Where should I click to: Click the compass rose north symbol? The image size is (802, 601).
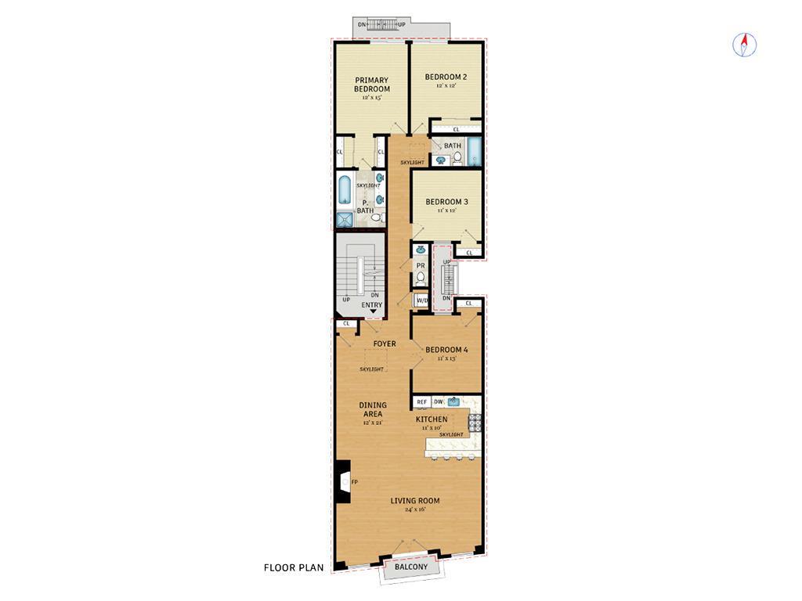745,45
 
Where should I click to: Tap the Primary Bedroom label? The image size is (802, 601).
372,85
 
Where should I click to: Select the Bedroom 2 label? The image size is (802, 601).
446,77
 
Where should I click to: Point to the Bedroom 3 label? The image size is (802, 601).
447,202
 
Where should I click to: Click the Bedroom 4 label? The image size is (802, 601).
446,350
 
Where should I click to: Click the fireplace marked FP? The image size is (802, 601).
344,481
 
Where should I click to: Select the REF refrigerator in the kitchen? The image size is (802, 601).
421,402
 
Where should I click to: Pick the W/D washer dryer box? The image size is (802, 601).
421,300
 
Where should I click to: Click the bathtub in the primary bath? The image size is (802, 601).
345,189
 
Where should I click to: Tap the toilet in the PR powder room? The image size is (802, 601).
421,278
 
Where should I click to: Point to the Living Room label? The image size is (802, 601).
416,501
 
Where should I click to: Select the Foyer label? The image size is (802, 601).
384,344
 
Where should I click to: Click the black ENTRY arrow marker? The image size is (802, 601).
373,312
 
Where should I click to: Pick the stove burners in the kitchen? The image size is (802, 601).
474,423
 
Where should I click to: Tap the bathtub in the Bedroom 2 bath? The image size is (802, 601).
474,152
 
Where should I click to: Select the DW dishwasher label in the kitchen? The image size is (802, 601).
438,402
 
